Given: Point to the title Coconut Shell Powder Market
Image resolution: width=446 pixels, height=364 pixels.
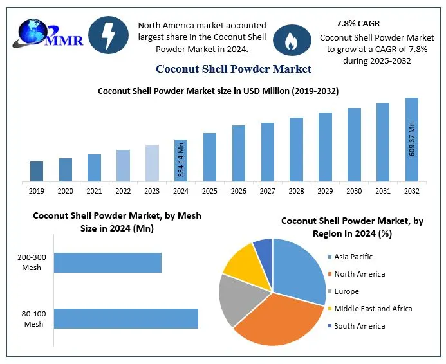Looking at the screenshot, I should pos(233,69).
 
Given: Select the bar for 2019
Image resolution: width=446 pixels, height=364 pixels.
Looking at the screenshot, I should pos(37,171).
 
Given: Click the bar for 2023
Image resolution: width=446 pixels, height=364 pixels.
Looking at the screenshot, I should pos(152,163).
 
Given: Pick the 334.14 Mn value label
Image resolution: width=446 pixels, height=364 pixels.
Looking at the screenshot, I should pos(181,160).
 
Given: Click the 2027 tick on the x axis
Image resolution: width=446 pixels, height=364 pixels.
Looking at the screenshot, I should pos(268,191).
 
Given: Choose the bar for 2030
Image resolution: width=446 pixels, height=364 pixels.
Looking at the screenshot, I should pos(354,144).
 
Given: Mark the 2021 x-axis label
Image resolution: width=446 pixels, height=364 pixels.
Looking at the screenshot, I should pos(94,191).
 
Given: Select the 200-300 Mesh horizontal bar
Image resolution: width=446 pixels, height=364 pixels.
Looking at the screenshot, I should pos(107,262).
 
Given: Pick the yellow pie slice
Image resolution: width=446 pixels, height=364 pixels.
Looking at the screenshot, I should pos(239,262).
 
